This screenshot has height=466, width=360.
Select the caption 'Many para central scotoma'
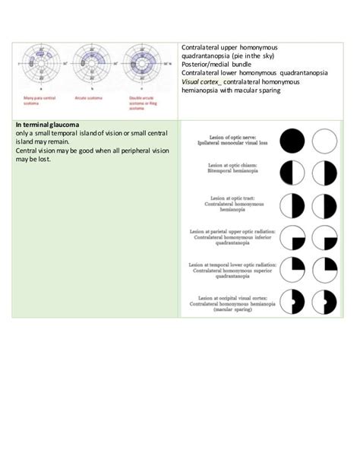[39, 101]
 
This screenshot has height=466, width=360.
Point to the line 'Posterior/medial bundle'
[219, 64]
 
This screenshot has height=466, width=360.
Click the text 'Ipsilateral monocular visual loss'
[236, 142]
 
